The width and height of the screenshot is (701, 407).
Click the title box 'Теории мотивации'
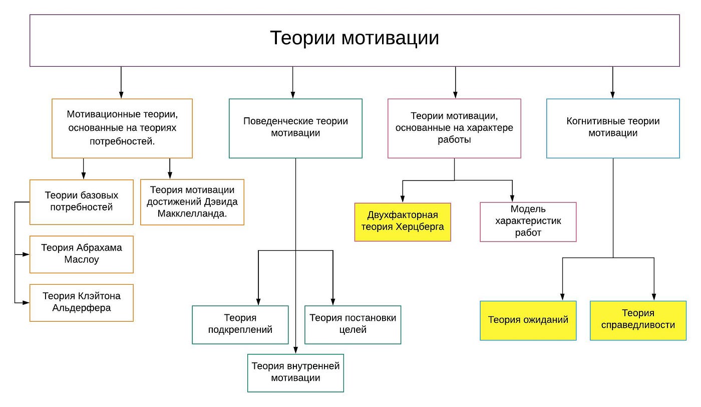coord(355,40)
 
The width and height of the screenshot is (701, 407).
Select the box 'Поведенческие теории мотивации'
coord(295,128)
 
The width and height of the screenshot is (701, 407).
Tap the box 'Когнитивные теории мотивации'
coord(613,128)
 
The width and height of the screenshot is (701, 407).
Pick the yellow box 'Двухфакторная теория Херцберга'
coord(403,222)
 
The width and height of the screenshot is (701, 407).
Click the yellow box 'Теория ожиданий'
coord(528,320)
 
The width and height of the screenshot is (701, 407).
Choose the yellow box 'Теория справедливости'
coord(638,320)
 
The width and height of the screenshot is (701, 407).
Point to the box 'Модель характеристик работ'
coord(528,222)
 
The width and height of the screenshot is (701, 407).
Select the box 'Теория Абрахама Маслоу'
coord(82,254)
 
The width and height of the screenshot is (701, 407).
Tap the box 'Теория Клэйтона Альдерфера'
coord(82,302)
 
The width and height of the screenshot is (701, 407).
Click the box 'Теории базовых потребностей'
coord(82,201)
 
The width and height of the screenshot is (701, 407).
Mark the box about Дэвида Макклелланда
coord(192,202)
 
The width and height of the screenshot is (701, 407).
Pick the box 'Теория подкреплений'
coord(240,324)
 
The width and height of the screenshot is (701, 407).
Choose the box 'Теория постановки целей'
coord(353,324)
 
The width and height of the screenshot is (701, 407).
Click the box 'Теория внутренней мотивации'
coord(295,372)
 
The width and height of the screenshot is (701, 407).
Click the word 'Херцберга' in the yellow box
coord(420,227)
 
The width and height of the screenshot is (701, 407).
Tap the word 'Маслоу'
coord(82,260)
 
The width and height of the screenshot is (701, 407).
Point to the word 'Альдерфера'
coord(82,308)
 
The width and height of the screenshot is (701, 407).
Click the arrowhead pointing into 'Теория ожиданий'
coord(562,297)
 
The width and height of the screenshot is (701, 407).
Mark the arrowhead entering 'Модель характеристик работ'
coord(512,198)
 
